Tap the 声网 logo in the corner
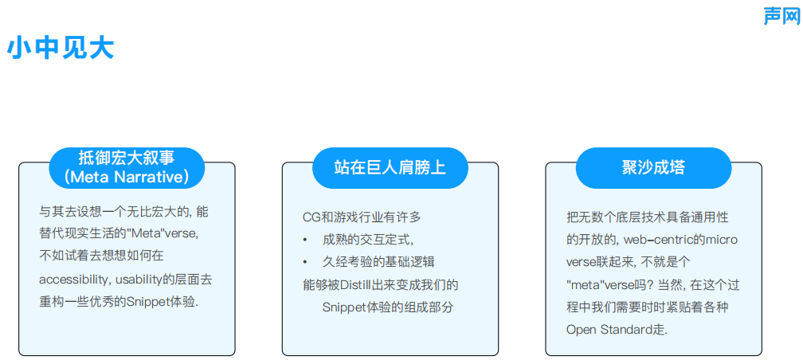click(781, 15)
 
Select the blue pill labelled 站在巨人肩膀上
click(390, 167)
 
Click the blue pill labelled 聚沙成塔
click(653, 167)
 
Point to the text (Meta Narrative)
click(127, 176)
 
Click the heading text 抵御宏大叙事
click(127, 157)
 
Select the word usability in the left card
click(139, 280)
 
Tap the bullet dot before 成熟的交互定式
click(305, 239)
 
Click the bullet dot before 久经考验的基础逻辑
click(305, 261)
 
